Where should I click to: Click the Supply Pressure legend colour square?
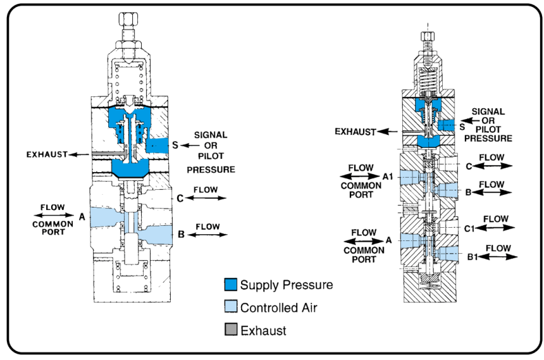point(231,285)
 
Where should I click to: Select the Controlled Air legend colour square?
point(231,308)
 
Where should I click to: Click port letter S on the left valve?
point(175,144)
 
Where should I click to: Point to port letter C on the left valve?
point(180,198)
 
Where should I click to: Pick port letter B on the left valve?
point(180,235)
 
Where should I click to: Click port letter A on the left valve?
point(82,216)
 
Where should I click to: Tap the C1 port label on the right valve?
point(468,228)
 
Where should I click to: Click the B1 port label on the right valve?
point(468,256)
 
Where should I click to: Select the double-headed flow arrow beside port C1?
point(495,228)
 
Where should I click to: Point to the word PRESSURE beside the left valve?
point(211,170)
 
